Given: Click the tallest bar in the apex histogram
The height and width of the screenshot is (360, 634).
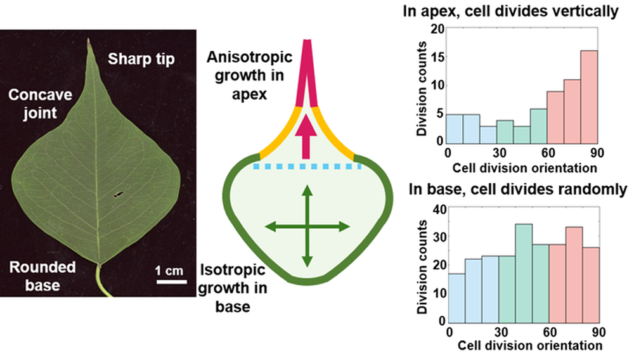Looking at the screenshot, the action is [x=589, y=97].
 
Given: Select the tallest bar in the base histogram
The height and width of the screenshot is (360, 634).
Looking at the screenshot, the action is [x=524, y=273].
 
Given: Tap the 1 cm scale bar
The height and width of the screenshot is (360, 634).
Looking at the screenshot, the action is [x=171, y=281].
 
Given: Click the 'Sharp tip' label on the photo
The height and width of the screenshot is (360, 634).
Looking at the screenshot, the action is [x=141, y=59].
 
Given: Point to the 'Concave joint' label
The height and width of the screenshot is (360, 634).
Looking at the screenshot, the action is [x=40, y=103].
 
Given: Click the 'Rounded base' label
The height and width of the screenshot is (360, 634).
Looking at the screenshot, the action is [x=42, y=276].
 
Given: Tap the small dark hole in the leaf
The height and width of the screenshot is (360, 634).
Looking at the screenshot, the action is [x=118, y=195].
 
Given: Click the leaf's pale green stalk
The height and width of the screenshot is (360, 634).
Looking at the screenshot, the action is [x=103, y=280].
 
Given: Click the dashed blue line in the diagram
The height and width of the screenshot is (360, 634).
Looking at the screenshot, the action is [x=307, y=167].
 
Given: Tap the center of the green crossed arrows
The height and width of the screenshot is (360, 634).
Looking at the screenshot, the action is [x=307, y=227].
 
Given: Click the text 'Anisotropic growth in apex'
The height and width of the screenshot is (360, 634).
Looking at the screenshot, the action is [x=249, y=75].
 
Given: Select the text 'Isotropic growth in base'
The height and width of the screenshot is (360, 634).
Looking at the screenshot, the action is [x=233, y=288].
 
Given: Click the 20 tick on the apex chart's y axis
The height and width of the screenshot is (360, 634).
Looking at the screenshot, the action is [x=439, y=29].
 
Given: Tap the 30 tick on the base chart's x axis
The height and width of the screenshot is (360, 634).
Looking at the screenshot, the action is [x=501, y=332].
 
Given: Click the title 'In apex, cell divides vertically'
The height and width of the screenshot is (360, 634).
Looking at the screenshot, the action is [x=510, y=11].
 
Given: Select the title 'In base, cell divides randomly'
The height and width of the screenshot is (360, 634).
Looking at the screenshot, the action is [x=518, y=189].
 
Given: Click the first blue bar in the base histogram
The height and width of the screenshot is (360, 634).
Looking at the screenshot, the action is [x=457, y=298].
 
